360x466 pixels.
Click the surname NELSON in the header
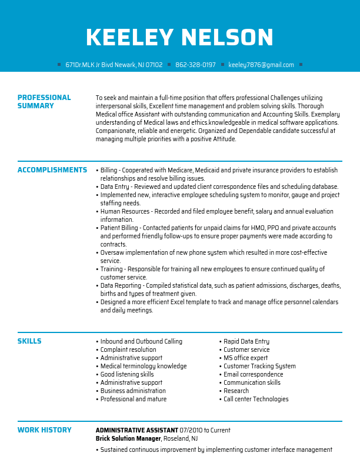point(226,38)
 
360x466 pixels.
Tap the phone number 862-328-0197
point(195,65)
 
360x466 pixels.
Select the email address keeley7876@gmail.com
point(261,65)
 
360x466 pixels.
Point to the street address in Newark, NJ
point(114,65)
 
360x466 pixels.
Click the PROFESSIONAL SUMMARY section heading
point(44,102)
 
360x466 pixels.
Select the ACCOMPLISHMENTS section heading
point(52,170)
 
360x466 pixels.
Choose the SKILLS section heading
point(29,341)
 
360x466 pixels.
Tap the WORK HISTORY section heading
point(45,430)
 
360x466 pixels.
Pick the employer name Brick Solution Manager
point(128,438)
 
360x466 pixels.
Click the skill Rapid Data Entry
point(246,341)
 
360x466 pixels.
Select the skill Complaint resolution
point(128,349)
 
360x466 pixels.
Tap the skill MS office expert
point(245,358)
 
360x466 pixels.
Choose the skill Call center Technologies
point(256,399)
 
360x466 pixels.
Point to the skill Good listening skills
point(127,374)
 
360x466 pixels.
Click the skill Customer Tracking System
point(259,366)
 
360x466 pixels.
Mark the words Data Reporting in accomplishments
point(121,285)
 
